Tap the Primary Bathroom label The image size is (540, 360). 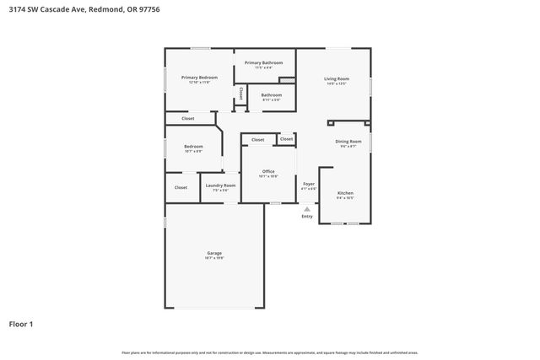263,62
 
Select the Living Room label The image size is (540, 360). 336,79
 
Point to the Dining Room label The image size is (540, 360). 348,141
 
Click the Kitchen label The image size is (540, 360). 345,193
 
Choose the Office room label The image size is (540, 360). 268,171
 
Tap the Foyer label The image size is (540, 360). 309,184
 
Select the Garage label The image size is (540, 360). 214,253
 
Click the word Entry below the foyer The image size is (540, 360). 307,217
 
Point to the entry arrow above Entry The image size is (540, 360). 307,208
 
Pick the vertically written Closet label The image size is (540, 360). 241,94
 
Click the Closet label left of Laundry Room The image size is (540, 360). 181,187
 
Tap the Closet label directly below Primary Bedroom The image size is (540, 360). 187,118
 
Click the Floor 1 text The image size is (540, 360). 20,323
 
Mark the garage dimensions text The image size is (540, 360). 214,258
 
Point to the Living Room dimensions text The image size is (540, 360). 336,84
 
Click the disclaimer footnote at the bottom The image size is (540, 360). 269,352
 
